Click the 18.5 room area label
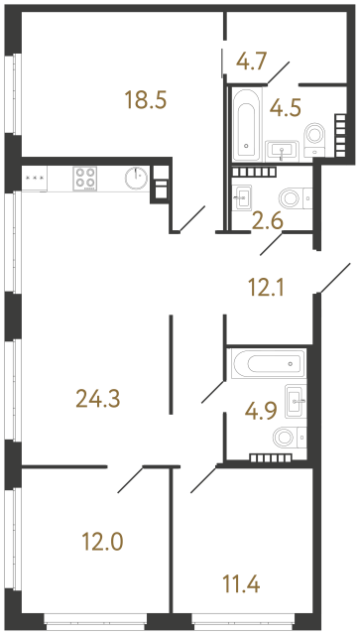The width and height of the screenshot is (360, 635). pos(146,100)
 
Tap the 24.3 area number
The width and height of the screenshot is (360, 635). pos(98,399)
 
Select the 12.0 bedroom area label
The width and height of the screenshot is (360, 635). pos(102,542)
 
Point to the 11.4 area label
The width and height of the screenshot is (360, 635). pos(241,583)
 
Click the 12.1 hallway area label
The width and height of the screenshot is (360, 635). pos(266,289)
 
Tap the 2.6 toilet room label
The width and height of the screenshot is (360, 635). pos(267,221)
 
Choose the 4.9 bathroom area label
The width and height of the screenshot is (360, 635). pos(261,411)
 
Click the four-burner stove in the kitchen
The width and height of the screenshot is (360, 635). pos(85,179)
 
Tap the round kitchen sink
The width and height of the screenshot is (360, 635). pos(137,179)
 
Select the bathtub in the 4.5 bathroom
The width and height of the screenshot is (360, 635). pos(246,124)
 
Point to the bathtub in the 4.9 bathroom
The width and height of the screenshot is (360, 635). pos(268,364)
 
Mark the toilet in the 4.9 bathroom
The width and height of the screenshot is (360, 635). pos(290,438)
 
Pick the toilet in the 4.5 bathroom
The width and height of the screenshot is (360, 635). pos(315,139)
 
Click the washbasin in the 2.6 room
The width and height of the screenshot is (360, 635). pos(243,197)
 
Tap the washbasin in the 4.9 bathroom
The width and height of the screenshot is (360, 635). pos(296,401)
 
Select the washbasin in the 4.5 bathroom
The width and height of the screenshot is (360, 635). pos(282,152)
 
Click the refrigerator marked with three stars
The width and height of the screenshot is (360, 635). pos(35,179)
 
